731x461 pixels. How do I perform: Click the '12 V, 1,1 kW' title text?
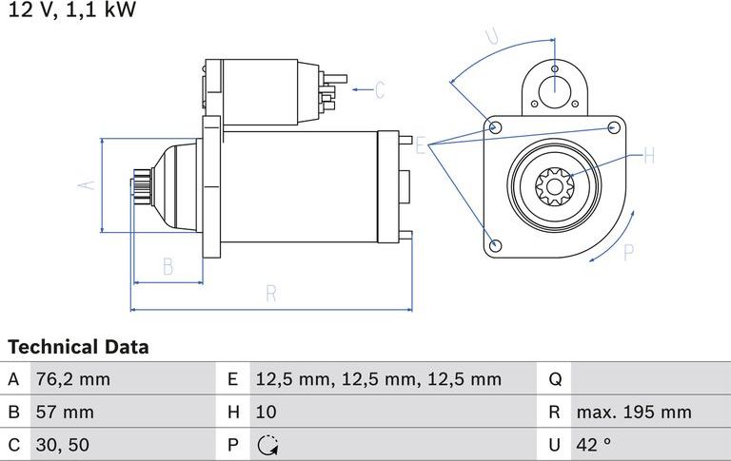[72, 10]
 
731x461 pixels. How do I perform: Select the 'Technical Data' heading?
[78, 347]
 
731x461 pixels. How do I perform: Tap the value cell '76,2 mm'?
[72, 379]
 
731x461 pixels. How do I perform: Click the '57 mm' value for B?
[65, 412]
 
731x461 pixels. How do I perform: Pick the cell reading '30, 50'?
[62, 444]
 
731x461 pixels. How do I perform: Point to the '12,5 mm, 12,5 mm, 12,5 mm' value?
[378, 379]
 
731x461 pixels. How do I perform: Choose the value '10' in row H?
[266, 412]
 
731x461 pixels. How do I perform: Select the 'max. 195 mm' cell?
[633, 412]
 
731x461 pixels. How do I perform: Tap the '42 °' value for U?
[595, 444]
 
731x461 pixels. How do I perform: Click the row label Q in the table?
[556, 379]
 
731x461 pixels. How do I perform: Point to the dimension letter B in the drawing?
[168, 266]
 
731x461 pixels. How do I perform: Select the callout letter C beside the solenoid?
[379, 90]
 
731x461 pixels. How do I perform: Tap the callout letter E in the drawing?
[420, 144]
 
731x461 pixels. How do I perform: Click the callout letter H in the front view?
[648, 156]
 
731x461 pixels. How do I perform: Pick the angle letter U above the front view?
[491, 37]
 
